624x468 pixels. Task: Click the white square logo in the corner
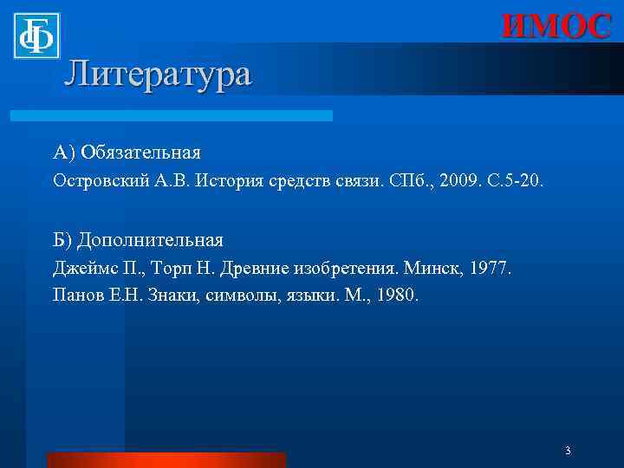point(36,36)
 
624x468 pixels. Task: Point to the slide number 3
point(567,451)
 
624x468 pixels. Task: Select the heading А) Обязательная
point(127,153)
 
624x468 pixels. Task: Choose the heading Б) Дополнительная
point(138,240)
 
